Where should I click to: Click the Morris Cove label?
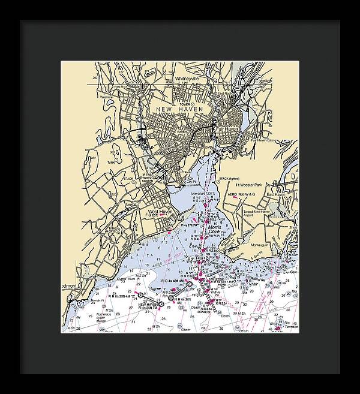tap(214, 230)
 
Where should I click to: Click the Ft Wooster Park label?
tap(260, 185)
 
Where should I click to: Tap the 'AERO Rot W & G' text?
tap(250, 195)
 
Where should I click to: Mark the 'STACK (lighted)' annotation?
tap(232, 179)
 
